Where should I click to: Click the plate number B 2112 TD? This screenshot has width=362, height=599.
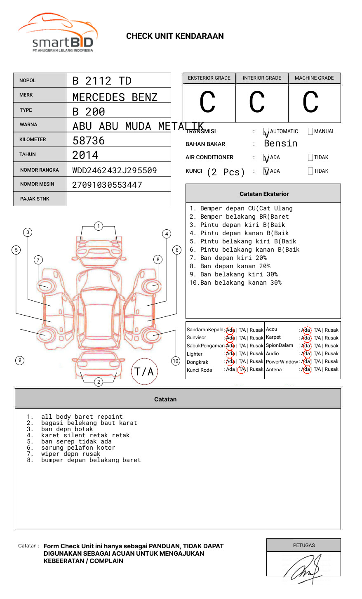click(x=102, y=81)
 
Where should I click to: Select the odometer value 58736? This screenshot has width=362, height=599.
click(x=89, y=141)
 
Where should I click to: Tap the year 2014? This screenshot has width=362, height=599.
click(x=85, y=156)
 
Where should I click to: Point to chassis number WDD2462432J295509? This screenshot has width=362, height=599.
click(x=115, y=170)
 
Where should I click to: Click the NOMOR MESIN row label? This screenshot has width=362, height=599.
click(x=37, y=184)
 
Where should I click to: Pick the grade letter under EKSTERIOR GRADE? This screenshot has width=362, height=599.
click(x=207, y=102)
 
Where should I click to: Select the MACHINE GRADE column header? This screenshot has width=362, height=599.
click(x=314, y=78)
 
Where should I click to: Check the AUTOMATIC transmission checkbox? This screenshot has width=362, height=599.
click(x=266, y=132)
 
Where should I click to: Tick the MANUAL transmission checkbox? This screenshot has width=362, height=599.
click(x=310, y=132)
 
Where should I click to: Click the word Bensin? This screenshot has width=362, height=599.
click(x=280, y=144)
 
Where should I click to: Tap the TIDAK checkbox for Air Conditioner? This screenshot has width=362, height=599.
click(x=310, y=158)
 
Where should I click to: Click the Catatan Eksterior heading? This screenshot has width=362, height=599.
click(x=264, y=194)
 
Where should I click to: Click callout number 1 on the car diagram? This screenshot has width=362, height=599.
click(x=98, y=226)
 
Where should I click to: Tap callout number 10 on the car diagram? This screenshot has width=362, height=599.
click(x=176, y=361)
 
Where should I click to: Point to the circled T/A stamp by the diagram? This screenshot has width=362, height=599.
click(x=144, y=372)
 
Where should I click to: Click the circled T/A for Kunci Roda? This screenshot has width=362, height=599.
click(x=242, y=370)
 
